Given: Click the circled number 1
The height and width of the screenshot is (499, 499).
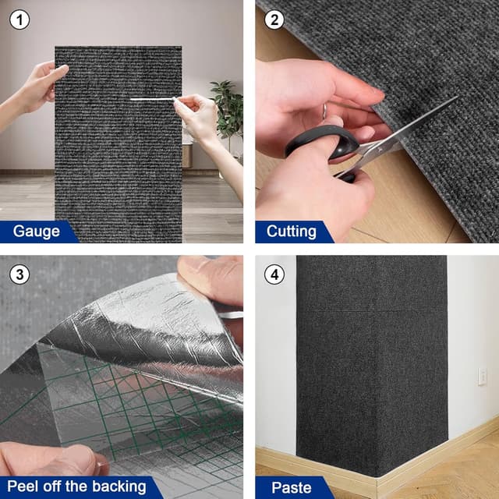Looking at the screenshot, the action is pos(19,19).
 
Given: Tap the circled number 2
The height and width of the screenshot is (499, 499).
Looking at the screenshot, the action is pos(274,19).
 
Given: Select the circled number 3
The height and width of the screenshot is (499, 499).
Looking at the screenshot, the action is pos(19,274).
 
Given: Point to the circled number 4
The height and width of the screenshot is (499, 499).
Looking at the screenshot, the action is pos(274,274).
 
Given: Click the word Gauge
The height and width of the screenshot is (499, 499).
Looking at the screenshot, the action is pos(37,232).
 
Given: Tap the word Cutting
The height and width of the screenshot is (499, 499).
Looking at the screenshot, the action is pos(292,232).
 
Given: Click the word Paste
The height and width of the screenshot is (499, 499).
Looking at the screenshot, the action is pos(291,487).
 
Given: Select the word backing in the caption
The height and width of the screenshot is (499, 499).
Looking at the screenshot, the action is pos(119,487).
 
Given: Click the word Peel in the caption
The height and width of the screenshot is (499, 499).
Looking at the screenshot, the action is pos(23,486).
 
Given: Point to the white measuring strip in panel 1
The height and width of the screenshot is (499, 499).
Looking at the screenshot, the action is pos(152,99).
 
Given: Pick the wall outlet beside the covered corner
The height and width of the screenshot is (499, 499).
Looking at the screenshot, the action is pos(482,377).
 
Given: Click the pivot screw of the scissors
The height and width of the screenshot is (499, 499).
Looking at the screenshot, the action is pos(379,149).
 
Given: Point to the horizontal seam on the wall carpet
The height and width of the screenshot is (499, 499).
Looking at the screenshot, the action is pos(372,311).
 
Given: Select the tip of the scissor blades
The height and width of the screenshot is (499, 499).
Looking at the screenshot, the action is pos(458,97).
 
